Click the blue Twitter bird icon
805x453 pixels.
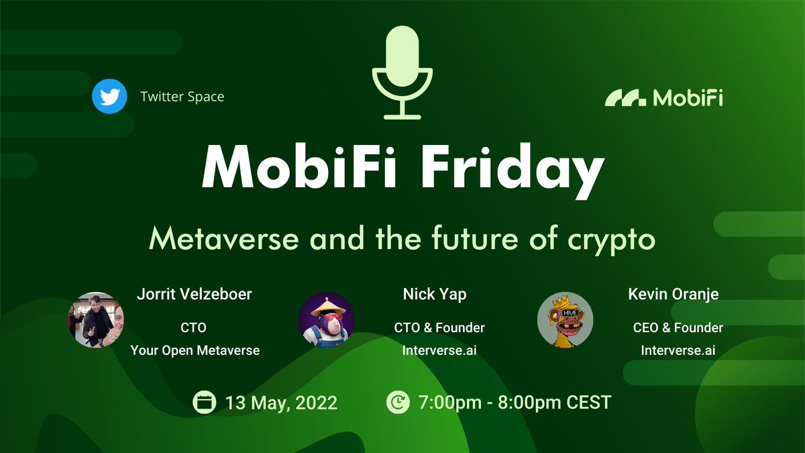(109, 97)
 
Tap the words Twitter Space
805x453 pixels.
(182, 97)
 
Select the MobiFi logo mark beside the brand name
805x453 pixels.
(625, 98)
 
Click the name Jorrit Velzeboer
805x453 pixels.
(195, 295)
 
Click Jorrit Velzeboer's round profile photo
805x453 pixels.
(95, 320)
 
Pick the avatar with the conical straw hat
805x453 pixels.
(326, 320)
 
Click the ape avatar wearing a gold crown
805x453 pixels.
(565, 320)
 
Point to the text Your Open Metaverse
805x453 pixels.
(195, 350)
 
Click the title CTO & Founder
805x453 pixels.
(439, 328)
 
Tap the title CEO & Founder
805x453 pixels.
(678, 328)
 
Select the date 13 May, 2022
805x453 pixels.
(281, 403)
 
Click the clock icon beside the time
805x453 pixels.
(398, 403)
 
